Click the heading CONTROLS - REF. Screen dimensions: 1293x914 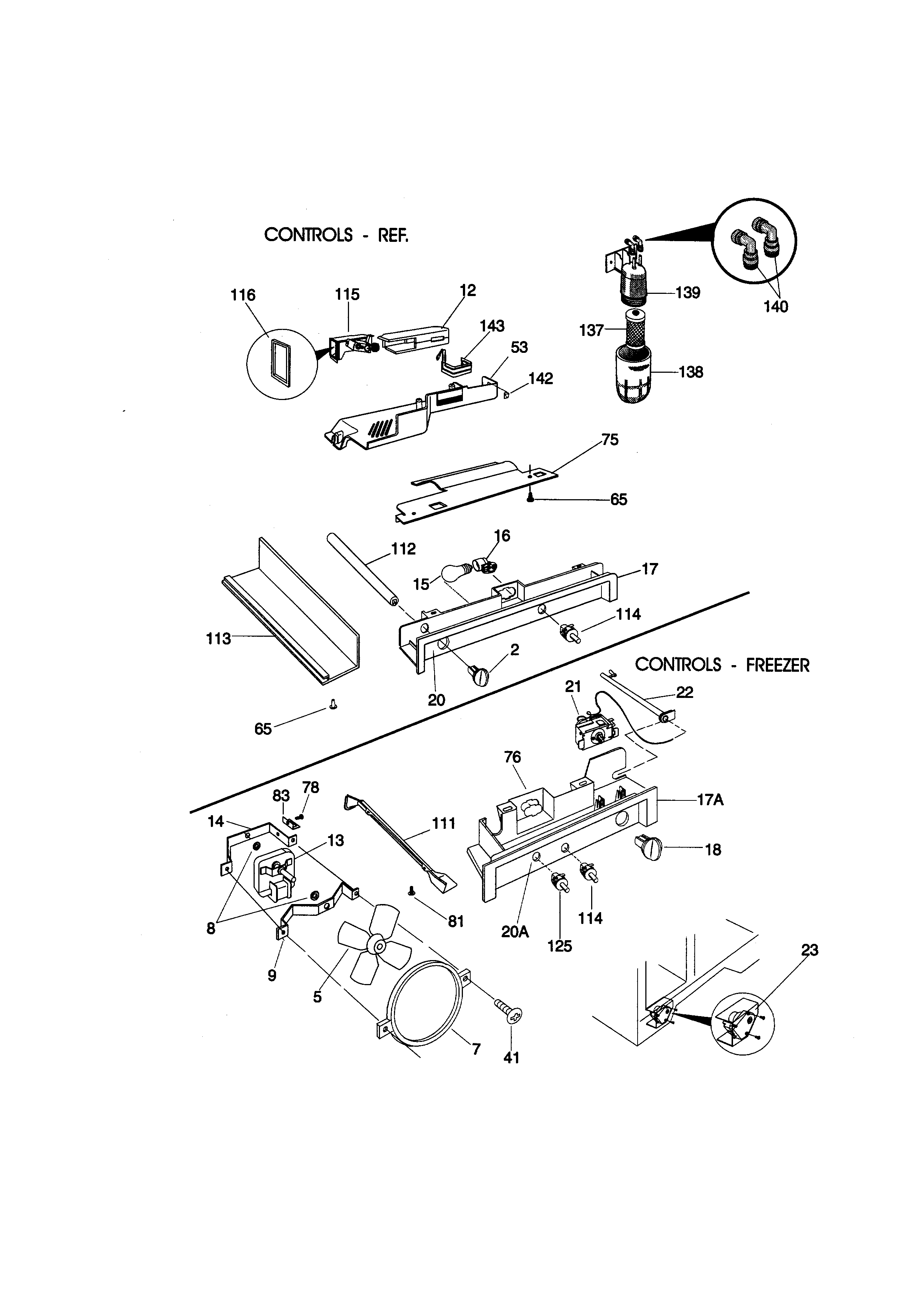click(336, 235)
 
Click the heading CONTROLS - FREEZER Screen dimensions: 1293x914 click(722, 665)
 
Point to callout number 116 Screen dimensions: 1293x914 click(243, 295)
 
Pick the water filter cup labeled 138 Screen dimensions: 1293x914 click(634, 376)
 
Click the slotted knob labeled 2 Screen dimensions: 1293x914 click(478, 674)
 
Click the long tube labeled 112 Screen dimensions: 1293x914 click(360, 569)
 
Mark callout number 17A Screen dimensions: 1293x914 click(710, 800)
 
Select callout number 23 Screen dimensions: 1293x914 click(809, 950)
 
